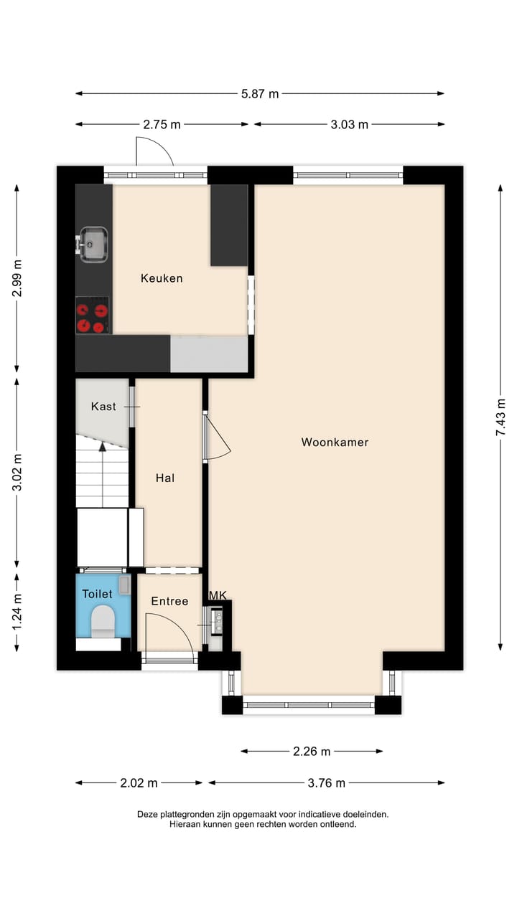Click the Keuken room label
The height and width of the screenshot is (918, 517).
coord(162,278)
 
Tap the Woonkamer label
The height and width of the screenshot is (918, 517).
coord(335,443)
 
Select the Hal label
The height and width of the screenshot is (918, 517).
coord(165,478)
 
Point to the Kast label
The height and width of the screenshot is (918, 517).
coord(103,407)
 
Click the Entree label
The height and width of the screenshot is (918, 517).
coord(169,601)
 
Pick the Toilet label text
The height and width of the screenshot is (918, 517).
coord(97,594)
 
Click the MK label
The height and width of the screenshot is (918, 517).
coord(218,595)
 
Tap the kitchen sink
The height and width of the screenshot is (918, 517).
coord(93,245)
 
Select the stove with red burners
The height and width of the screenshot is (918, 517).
coord(93,316)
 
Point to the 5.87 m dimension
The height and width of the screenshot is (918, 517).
coord(259,93)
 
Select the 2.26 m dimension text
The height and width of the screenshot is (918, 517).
coord(311,752)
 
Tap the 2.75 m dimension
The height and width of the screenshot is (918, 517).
coord(162,124)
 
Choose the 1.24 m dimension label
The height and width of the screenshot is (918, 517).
coord(17,611)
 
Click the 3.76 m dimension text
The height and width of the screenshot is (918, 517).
coord(326,783)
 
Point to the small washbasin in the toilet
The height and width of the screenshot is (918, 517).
coord(124,585)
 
